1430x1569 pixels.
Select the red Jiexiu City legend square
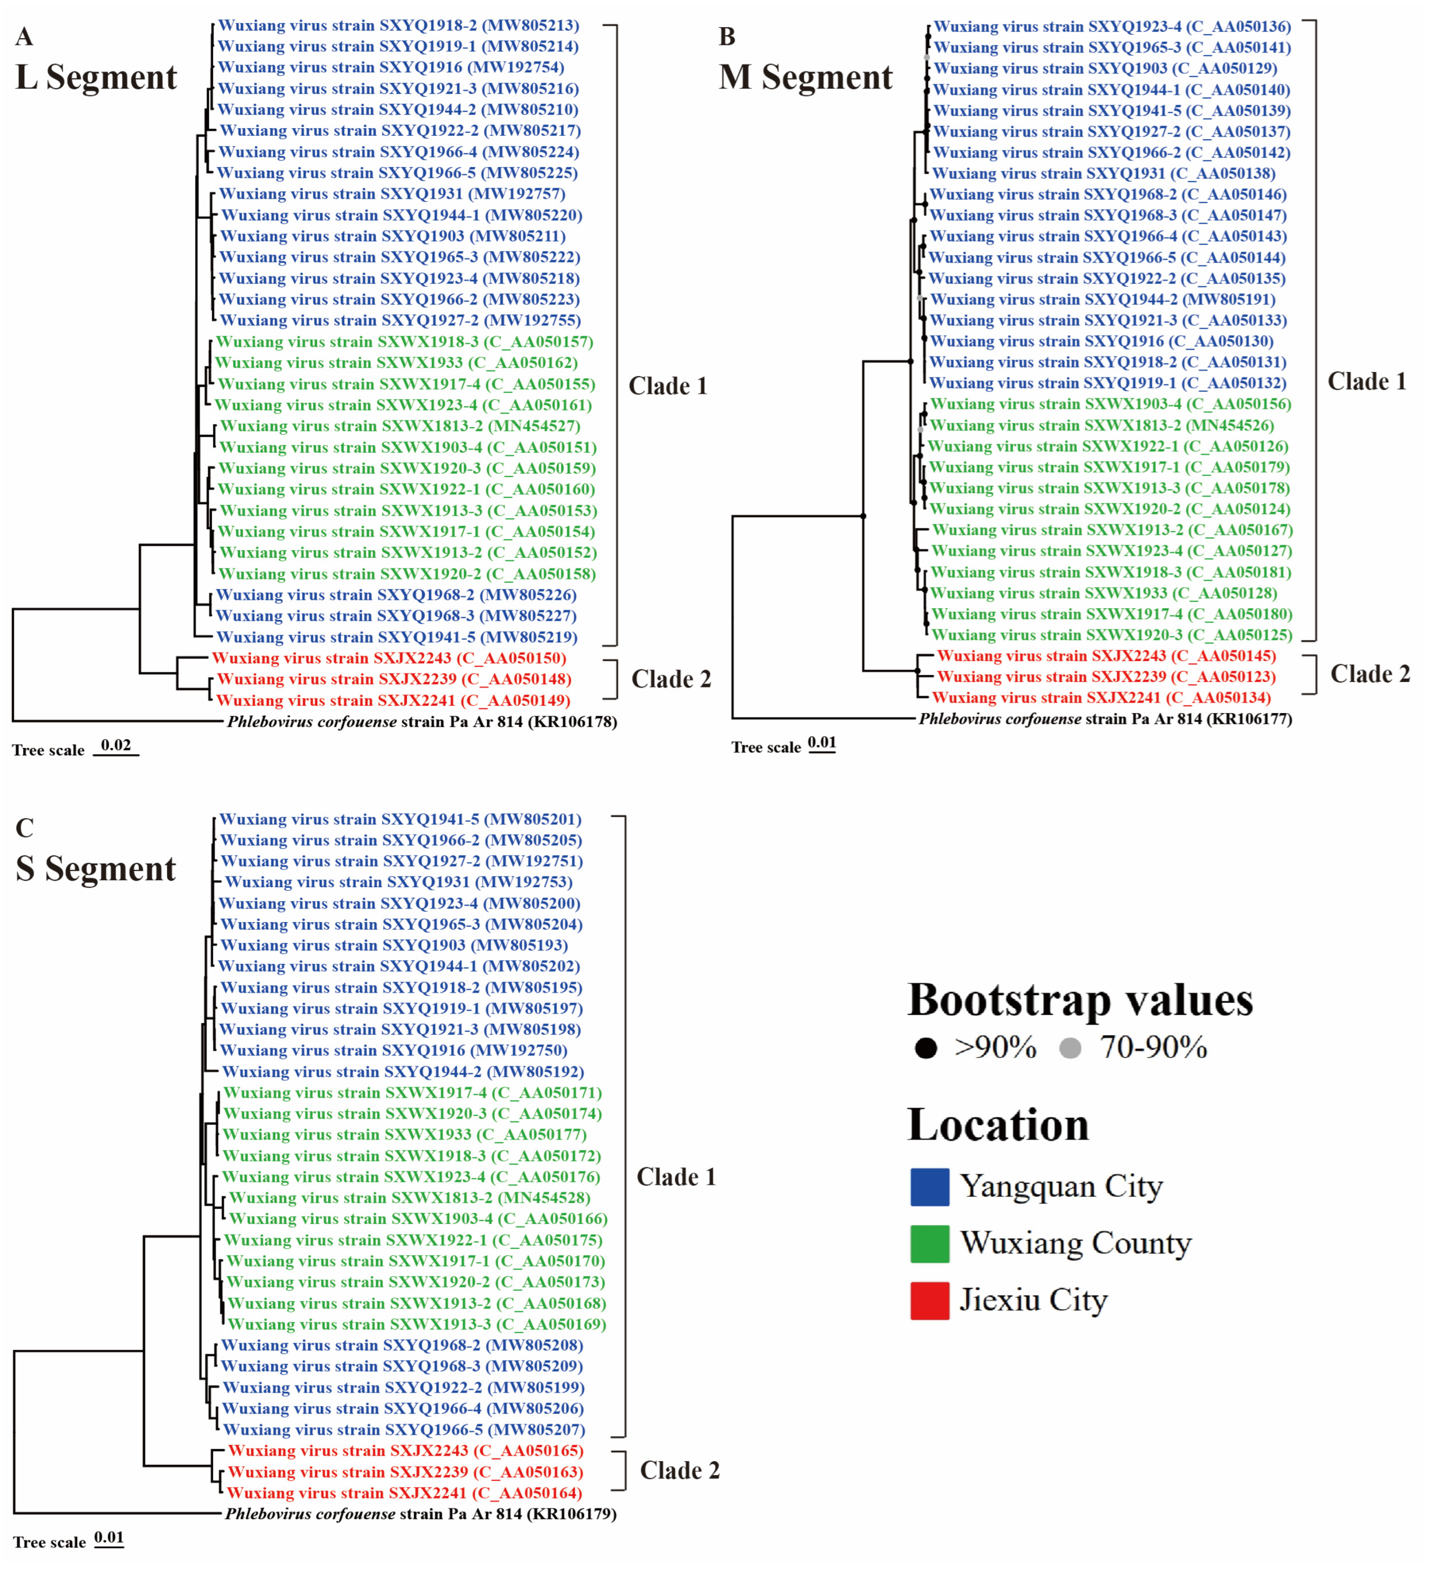tap(929, 1300)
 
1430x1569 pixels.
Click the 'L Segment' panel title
tap(96, 77)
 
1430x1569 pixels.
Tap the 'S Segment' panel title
tap(96, 869)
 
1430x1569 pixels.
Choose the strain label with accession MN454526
tap(1102, 426)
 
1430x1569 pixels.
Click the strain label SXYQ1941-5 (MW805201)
tap(400, 819)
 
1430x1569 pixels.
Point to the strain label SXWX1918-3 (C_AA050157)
tap(404, 342)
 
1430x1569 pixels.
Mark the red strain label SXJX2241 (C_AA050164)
tap(404, 1493)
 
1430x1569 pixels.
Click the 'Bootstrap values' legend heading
tap(1080, 1000)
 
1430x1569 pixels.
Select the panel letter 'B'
tap(727, 37)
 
